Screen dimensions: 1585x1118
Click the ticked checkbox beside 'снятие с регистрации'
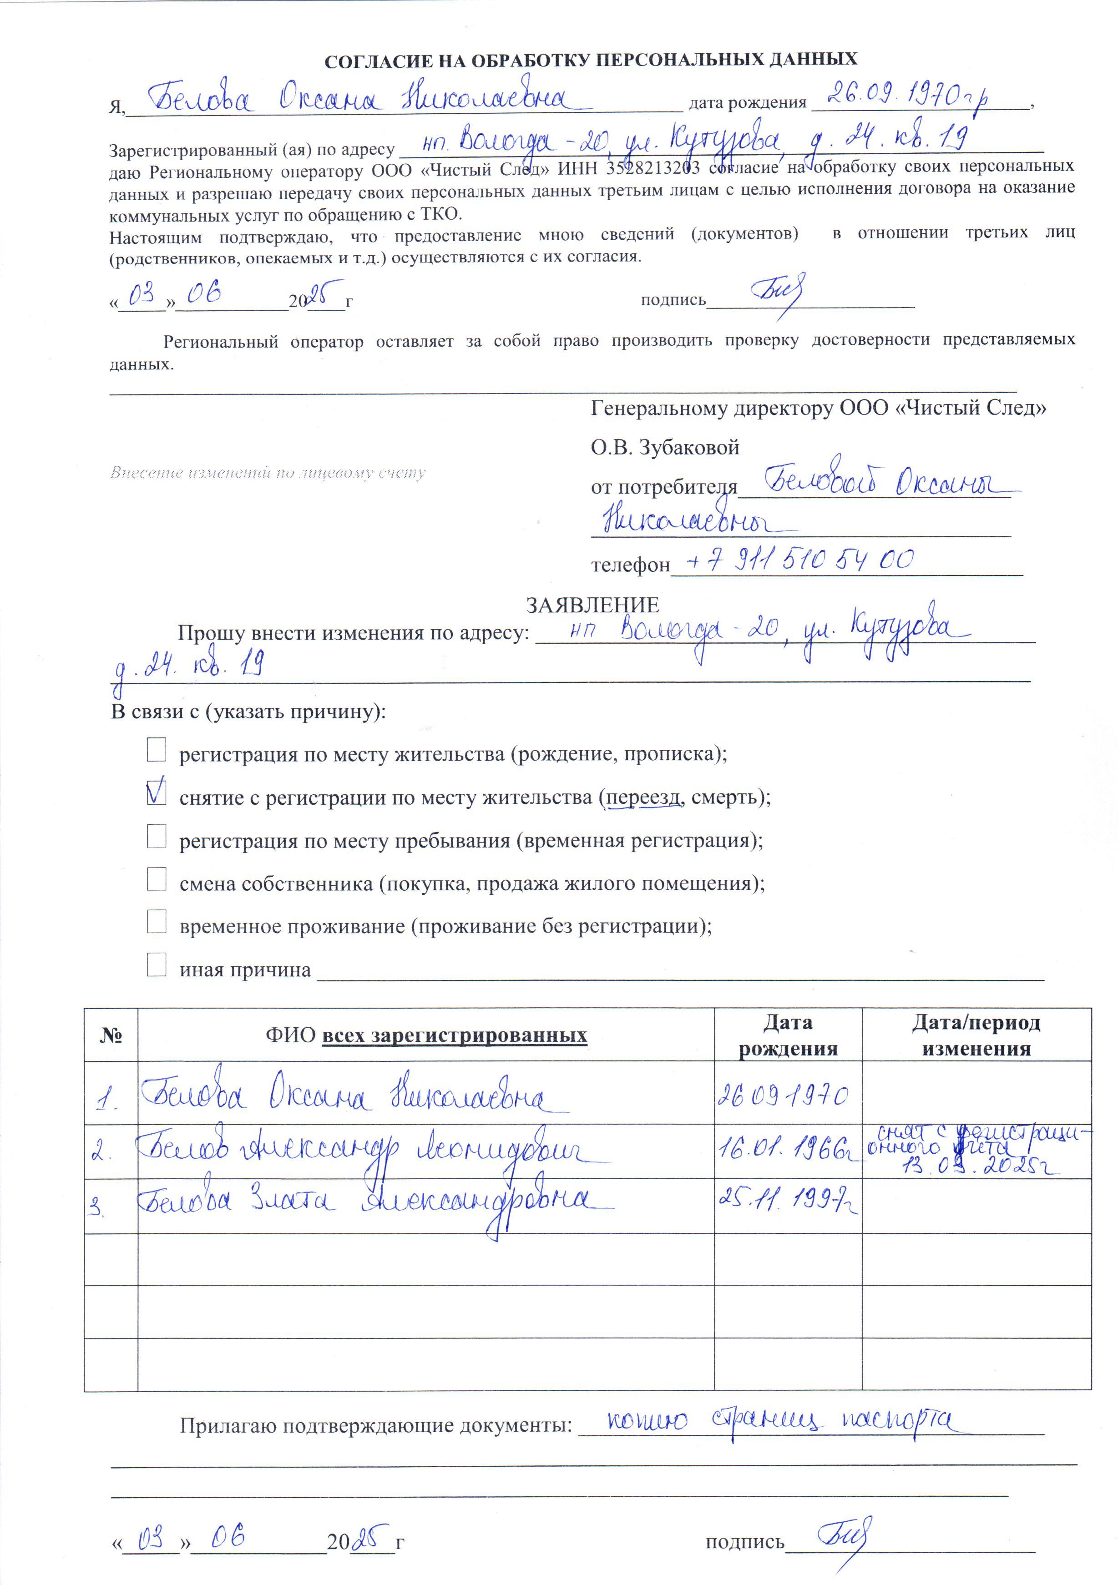point(157,792)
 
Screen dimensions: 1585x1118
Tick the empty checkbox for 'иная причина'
point(157,964)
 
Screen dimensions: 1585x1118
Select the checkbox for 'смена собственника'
point(157,879)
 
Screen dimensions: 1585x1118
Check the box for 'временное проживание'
point(157,922)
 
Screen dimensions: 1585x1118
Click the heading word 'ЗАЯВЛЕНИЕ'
point(592,606)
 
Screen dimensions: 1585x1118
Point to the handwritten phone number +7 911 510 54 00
point(799,560)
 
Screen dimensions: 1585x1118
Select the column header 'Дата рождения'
point(788,1035)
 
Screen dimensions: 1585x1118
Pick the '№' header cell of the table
point(111,1035)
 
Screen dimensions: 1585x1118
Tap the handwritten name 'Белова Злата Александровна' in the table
point(373,1202)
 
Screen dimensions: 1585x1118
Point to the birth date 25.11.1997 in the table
point(787,1200)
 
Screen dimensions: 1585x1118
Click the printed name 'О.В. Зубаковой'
point(664,447)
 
